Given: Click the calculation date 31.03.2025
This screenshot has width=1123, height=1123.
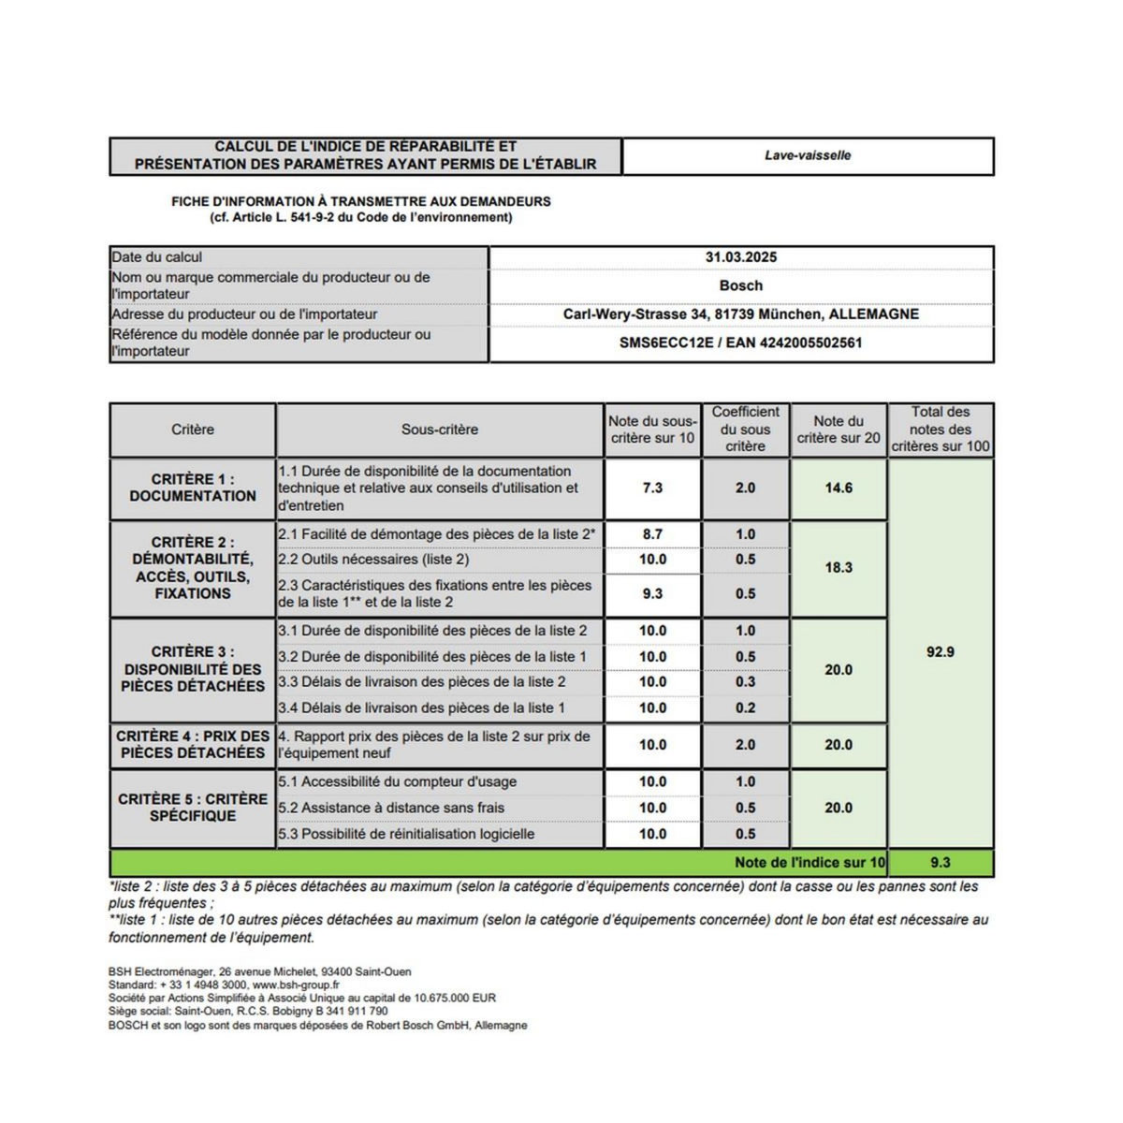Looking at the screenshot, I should pyautogui.click(x=741, y=257).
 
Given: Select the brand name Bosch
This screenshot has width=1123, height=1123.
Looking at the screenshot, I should pyautogui.click(x=741, y=285).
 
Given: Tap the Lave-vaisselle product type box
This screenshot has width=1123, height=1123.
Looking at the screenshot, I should pyautogui.click(x=808, y=155).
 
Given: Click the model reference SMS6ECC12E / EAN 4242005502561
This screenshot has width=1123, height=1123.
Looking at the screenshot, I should pyautogui.click(x=741, y=343).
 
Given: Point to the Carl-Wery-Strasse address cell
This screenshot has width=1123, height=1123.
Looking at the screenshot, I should pyautogui.click(x=741, y=314).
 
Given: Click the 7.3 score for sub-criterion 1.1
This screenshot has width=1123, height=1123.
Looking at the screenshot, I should pyautogui.click(x=652, y=488).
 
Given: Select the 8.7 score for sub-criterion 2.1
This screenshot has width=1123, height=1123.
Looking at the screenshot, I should pyautogui.click(x=652, y=534).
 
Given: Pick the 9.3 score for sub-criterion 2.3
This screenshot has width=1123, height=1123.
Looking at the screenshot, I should pyautogui.click(x=652, y=593).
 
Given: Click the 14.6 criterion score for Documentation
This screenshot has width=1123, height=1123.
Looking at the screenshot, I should pyautogui.click(x=839, y=488).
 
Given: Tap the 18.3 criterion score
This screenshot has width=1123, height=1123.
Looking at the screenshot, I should pyautogui.click(x=839, y=567).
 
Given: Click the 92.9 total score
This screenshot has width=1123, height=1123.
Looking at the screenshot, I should pyautogui.click(x=941, y=652).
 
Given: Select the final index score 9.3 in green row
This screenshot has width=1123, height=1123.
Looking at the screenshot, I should pyautogui.click(x=941, y=862).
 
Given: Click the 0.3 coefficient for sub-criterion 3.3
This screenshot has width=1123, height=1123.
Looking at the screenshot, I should pyautogui.click(x=745, y=682).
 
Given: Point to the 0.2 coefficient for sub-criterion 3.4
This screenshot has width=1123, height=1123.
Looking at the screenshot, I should pyautogui.click(x=745, y=708).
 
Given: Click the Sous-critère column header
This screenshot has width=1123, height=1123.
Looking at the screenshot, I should pyautogui.click(x=440, y=430).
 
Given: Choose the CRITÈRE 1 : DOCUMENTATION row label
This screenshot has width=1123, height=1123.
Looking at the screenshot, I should pyautogui.click(x=193, y=488).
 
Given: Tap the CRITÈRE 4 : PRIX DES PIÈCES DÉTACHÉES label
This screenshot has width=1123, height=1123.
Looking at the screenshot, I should pyautogui.click(x=193, y=744).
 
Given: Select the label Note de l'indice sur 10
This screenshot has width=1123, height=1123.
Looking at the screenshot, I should pyautogui.click(x=809, y=862).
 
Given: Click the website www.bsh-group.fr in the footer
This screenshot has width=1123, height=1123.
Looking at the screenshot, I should pyautogui.click(x=296, y=984).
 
